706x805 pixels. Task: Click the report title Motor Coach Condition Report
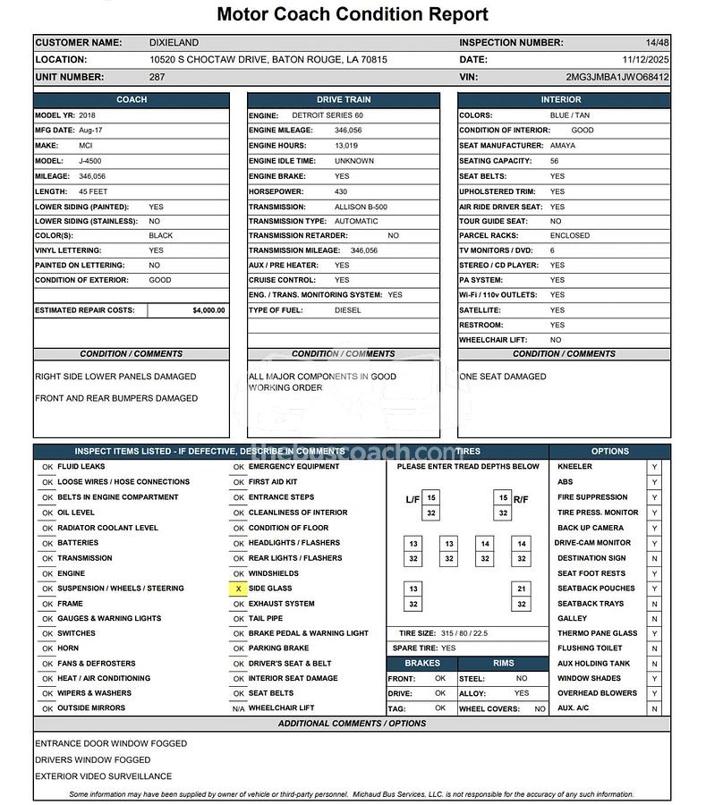tap(353, 14)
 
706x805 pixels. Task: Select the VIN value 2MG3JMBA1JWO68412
tap(617, 77)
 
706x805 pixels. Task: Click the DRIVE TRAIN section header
tap(344, 99)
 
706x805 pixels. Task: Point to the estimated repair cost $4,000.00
tap(208, 310)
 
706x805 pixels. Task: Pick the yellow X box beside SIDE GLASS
tap(238, 589)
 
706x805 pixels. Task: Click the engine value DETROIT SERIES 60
tap(327, 115)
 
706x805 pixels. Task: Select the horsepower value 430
tap(341, 191)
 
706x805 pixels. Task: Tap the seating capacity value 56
tap(555, 161)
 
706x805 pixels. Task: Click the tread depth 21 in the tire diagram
tap(521, 589)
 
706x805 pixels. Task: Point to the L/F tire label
tap(413, 499)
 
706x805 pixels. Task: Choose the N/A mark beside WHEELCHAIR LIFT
tap(238, 708)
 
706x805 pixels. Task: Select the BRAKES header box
tap(422, 663)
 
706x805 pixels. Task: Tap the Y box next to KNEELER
tap(654, 467)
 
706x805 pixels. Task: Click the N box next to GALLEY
tap(654, 618)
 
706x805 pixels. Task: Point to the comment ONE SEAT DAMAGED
tap(502, 377)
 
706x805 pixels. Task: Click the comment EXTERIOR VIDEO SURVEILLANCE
tap(103, 776)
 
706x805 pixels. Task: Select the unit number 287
tap(157, 77)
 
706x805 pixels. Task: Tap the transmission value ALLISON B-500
tap(361, 207)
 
